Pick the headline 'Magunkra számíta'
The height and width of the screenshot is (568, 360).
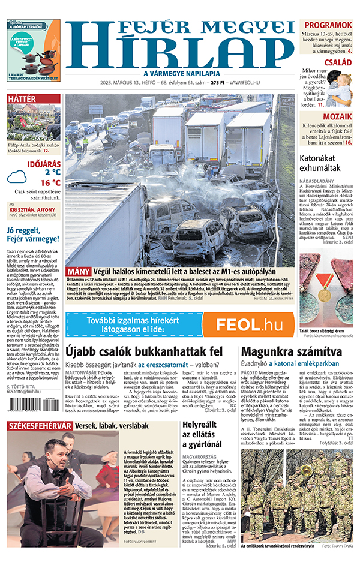284,351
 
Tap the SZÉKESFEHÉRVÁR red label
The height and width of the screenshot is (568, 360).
40,425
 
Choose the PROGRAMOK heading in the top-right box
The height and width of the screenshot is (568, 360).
328,25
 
